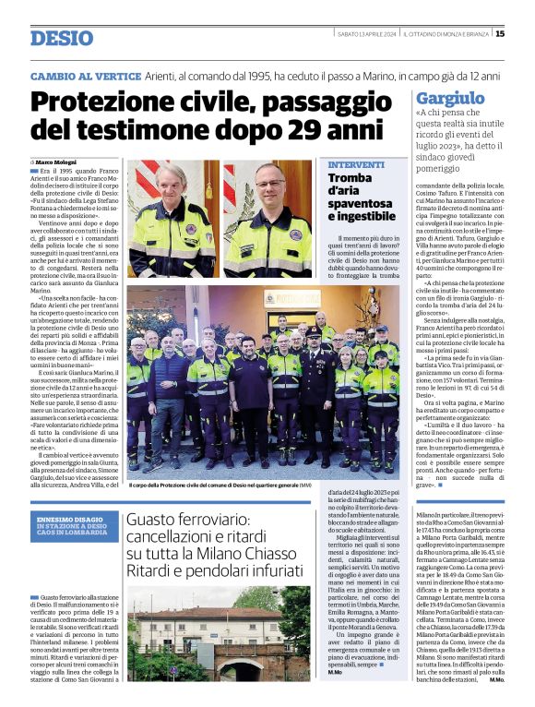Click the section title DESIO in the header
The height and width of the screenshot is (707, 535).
pos(62,38)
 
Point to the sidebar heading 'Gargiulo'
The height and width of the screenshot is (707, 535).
pos(450,97)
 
